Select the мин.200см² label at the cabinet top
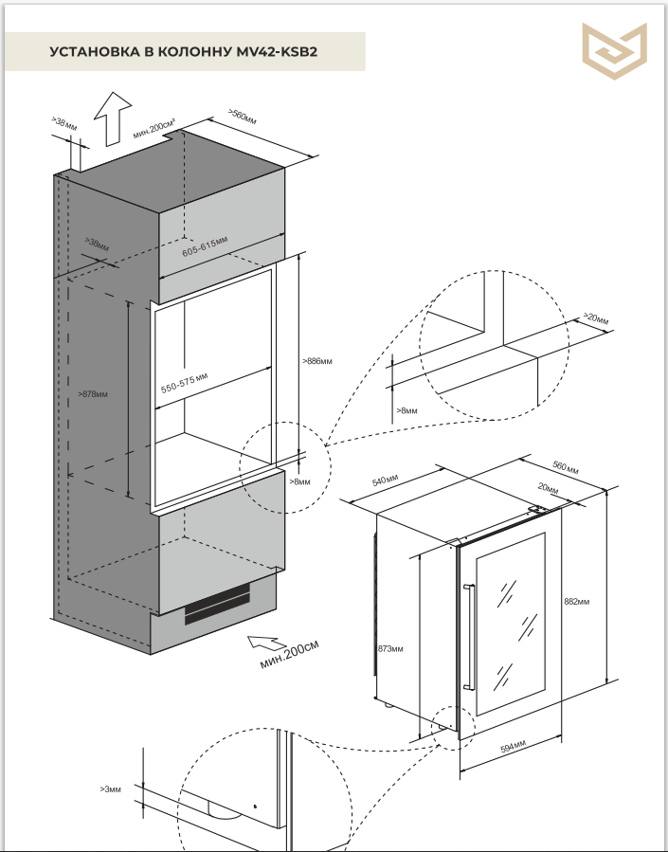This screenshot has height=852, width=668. point(154,130)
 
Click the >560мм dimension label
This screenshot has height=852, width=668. point(243,118)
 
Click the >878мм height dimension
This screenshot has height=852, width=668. point(94,393)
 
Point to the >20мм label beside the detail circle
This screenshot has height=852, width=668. point(595,317)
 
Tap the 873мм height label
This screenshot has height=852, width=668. point(390,649)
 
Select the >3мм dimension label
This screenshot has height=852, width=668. point(110,789)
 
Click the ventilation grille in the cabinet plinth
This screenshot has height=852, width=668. point(217,603)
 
